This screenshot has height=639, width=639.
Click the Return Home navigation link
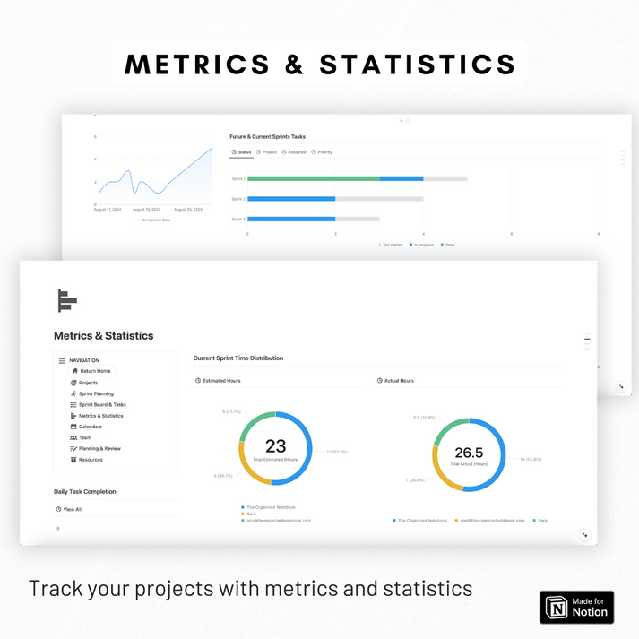[x=95, y=371]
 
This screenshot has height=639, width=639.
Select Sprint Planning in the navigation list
[x=96, y=393]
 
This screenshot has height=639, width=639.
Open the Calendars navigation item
[x=90, y=427]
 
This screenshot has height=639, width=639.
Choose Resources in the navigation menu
[x=91, y=460]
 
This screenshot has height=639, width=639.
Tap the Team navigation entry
[x=85, y=437]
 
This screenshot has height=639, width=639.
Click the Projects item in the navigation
[x=88, y=383]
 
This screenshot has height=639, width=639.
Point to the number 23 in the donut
[x=275, y=445]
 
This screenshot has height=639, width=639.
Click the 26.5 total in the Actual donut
[x=469, y=452]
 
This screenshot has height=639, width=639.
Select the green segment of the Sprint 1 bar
[x=314, y=178]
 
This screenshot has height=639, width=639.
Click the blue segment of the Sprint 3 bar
[x=291, y=219]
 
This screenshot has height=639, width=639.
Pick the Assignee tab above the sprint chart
[x=296, y=152]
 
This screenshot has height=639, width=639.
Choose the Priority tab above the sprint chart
[x=323, y=152]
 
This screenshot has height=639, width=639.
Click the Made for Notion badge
[x=576, y=607]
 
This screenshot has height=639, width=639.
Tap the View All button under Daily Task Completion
[x=72, y=509]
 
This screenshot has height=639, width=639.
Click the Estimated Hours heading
[x=221, y=381]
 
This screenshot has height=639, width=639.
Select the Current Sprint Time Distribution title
[x=238, y=358]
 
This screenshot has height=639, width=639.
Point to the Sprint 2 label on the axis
[x=237, y=199]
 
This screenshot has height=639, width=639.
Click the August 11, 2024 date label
[x=108, y=209]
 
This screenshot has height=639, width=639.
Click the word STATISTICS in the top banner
[x=418, y=65]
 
